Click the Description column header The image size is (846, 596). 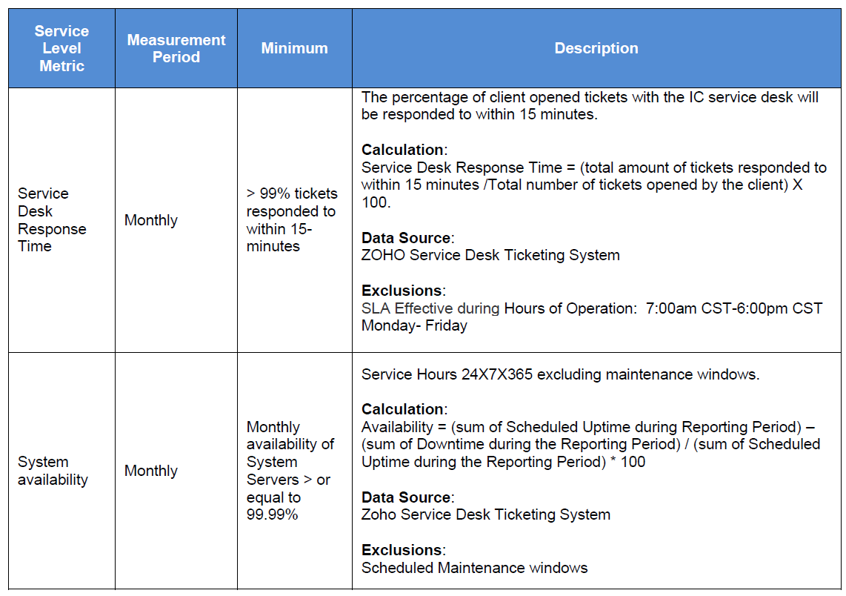(596, 48)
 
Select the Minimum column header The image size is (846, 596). (294, 48)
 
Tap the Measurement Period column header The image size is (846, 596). (176, 48)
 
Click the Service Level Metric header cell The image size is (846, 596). (61, 48)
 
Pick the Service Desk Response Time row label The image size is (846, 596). (52, 219)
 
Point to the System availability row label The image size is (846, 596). (53, 471)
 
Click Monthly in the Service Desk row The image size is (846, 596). (151, 220)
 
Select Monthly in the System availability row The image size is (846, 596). (151, 471)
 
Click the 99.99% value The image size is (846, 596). (273, 514)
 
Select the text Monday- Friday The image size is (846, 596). (414, 325)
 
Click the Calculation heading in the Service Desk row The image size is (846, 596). (402, 150)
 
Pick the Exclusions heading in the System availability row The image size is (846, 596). (402, 550)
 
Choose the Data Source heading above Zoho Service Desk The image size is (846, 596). (407, 497)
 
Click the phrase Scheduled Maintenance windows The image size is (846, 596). (474, 568)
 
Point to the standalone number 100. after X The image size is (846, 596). (376, 202)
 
